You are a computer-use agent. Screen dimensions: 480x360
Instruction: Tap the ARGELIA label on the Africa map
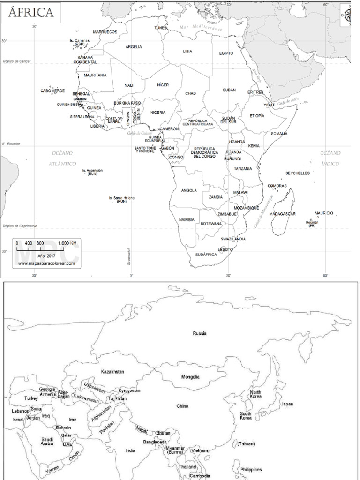134,47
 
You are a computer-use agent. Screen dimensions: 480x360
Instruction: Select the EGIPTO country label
226,53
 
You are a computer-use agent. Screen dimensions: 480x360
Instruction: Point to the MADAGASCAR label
283,214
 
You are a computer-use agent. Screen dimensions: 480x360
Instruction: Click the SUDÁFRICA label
206,255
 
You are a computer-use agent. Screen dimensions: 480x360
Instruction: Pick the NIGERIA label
158,112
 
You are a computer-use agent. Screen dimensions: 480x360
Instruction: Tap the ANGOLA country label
189,190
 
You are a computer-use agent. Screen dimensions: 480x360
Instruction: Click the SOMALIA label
279,134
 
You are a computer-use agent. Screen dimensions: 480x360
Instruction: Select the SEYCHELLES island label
298,173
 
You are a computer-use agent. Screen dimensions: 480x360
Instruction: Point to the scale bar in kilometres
46,243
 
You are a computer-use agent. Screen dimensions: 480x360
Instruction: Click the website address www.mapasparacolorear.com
46,264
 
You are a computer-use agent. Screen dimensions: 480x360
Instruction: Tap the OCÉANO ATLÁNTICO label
62,158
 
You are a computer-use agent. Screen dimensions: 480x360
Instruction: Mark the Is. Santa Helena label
121,199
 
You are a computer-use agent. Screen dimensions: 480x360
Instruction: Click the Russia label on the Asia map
199,333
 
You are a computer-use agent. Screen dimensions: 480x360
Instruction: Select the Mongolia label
190,377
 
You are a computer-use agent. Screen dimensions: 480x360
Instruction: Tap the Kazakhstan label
112,371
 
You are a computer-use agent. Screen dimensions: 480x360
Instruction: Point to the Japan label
287,404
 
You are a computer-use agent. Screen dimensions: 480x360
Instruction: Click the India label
130,450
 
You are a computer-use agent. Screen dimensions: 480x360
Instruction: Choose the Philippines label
251,469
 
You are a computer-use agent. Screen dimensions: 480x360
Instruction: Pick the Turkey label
31,398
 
